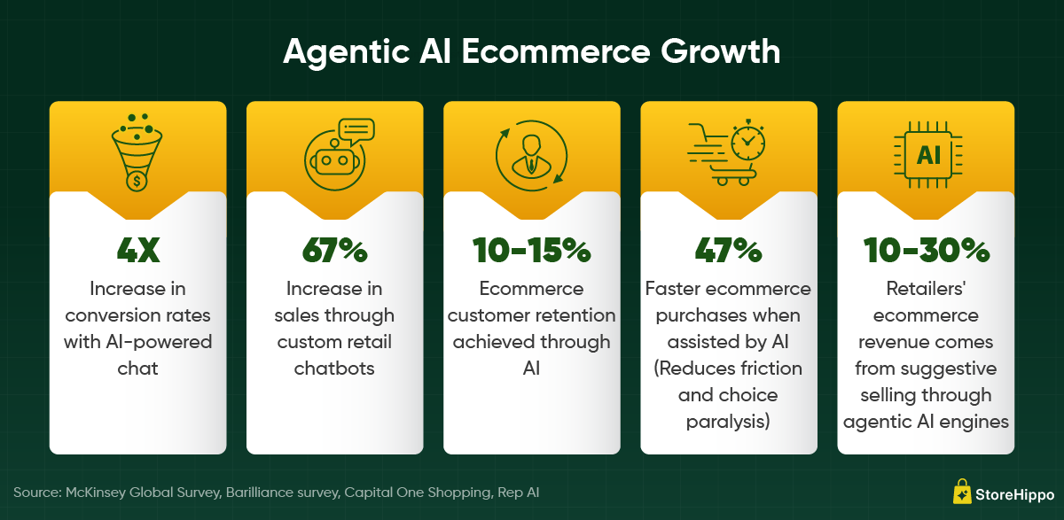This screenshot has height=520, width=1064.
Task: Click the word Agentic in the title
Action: (x=347, y=52)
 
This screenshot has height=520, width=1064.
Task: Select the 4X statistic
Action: (x=138, y=250)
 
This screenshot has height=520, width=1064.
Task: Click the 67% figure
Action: (x=335, y=250)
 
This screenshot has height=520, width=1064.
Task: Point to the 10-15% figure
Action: (x=531, y=250)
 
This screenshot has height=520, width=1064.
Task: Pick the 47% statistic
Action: (x=728, y=250)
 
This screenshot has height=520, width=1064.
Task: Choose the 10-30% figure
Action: (x=927, y=250)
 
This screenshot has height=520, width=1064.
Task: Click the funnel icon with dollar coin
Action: (x=137, y=152)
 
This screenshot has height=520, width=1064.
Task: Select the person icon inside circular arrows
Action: (x=531, y=156)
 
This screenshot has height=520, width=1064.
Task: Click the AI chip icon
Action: (x=928, y=155)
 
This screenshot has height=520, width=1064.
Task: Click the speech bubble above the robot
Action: (x=356, y=132)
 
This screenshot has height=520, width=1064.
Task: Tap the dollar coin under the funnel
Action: (x=137, y=181)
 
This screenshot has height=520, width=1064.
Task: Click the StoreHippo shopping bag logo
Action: (x=962, y=492)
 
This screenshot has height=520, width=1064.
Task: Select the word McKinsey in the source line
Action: (x=96, y=493)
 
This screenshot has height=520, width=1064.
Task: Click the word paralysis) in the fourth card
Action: (x=728, y=422)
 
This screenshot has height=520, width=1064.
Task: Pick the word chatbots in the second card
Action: (x=334, y=369)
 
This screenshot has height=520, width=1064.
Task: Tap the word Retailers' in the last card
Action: (x=926, y=289)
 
